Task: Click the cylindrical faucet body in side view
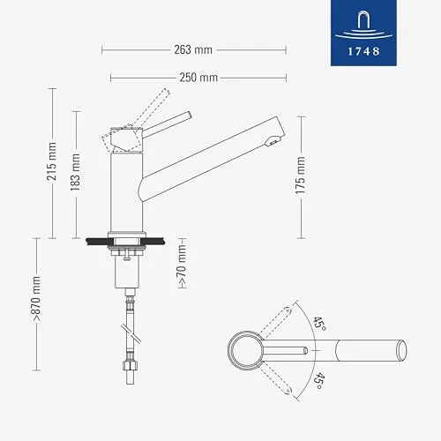124,190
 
